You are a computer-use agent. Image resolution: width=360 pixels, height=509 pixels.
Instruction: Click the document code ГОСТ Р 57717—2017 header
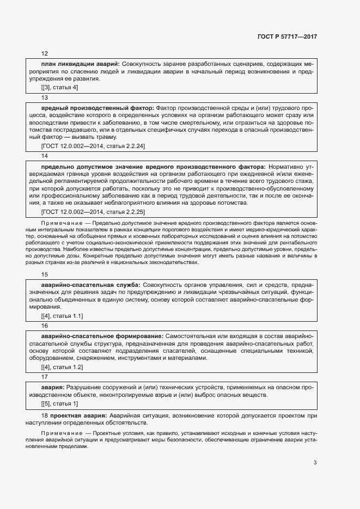coord(287,36)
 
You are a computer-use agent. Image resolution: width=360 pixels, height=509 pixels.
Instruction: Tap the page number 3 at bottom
coord(315,463)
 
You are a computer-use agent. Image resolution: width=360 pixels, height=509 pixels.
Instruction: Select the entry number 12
coord(45,54)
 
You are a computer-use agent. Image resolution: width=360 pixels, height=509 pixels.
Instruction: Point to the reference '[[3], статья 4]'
coord(59,87)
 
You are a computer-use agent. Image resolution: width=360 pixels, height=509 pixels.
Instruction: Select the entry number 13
coord(45,97)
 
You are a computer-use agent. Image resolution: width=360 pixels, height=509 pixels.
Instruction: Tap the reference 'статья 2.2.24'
coord(124,146)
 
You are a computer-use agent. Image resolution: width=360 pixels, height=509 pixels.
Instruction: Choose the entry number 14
coord(45,156)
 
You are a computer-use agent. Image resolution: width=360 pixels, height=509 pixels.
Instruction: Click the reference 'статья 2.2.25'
coord(124,212)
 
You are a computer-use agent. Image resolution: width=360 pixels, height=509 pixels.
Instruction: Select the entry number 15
coord(45,274)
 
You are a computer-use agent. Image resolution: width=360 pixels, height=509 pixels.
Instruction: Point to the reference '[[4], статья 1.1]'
coord(62,316)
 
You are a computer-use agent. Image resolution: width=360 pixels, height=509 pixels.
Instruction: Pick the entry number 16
coord(45,326)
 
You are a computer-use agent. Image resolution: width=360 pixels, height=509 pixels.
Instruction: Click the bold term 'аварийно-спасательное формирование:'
coord(102,336)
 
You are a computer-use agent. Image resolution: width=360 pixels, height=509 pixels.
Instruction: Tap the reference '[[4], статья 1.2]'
coord(62,367)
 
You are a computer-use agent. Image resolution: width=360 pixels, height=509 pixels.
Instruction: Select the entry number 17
coord(45,377)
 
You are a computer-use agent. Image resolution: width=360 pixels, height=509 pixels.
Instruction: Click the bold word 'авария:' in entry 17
coord(53,387)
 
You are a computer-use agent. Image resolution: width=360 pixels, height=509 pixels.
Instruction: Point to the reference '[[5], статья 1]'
coord(59,403)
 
